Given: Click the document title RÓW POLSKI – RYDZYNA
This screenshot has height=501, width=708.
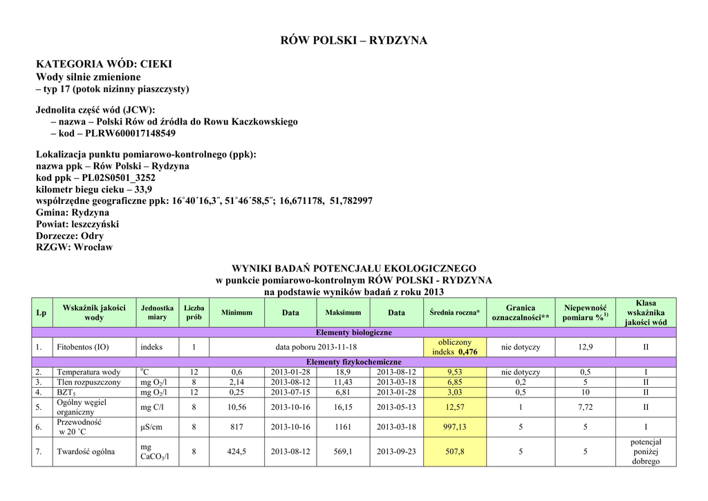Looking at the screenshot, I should click(x=353, y=40).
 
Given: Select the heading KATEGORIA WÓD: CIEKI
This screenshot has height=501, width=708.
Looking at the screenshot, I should click(x=104, y=64).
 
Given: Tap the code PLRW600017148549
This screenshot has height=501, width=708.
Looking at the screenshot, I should click(x=130, y=133).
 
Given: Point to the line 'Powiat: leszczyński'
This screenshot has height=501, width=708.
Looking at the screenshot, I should click(x=77, y=224).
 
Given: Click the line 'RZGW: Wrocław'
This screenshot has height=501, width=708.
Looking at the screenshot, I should click(x=74, y=247).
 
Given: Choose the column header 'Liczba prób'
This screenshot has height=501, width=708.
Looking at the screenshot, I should click(x=194, y=312).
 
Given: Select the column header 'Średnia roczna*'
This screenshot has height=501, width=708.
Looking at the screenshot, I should click(x=454, y=313).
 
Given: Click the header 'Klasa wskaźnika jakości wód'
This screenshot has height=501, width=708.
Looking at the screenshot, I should click(x=646, y=312).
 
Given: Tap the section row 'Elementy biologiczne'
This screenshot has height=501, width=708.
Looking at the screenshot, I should click(x=353, y=332).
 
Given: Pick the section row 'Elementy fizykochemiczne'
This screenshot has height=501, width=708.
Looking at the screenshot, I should click(x=353, y=362).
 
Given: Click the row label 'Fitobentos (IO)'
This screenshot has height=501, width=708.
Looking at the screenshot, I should click(x=83, y=347).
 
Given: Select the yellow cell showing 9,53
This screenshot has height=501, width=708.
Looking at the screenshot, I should click(x=454, y=372).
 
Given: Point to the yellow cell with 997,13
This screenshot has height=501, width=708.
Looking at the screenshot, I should click(x=454, y=427).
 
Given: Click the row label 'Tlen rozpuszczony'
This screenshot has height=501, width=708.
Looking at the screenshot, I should click(x=88, y=382).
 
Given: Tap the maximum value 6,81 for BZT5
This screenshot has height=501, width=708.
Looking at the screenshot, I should click(x=343, y=393).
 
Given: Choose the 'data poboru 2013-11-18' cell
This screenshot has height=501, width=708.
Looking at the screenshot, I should click(x=316, y=347).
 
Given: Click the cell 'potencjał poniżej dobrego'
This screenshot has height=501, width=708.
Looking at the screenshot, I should click(x=646, y=452).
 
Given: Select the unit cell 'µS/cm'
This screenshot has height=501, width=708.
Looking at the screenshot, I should click(x=151, y=427).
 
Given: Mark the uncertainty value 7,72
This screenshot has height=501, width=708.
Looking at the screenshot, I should click(x=585, y=407).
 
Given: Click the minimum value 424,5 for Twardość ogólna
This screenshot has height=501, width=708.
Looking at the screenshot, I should click(x=237, y=452).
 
